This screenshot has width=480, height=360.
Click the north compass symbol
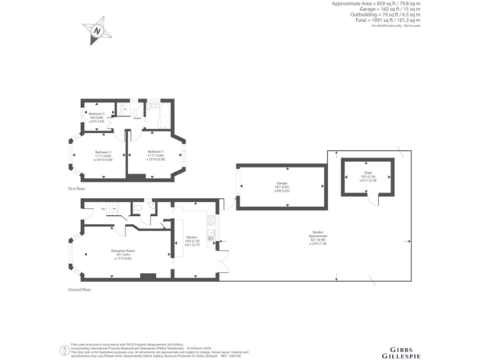[x=97, y=29]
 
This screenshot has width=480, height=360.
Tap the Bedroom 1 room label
[x=156, y=152]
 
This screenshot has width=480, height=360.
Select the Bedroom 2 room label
[x=103, y=152]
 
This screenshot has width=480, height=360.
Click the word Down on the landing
[x=137, y=117]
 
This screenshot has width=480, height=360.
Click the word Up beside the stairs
[x=102, y=209]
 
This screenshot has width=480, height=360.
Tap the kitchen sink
[x=212, y=236]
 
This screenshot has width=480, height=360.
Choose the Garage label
[x=282, y=183]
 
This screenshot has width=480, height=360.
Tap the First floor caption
[x=77, y=187]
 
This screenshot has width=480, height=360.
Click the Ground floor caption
[x=79, y=289]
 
